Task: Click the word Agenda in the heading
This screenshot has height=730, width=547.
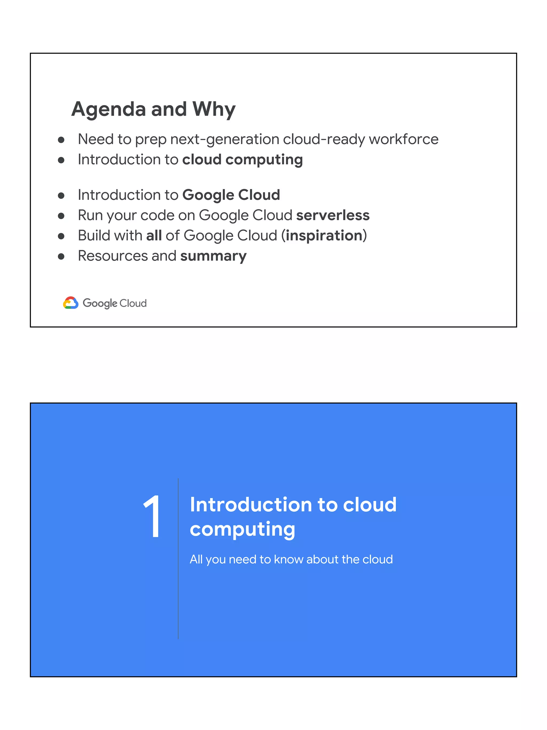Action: coord(108,109)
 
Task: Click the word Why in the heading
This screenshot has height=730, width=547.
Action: coord(214,109)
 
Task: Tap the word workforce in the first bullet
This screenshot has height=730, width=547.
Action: coord(404,139)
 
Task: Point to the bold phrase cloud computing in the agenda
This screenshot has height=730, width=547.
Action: coord(242,160)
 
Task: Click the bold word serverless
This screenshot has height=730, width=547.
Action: coord(333,215)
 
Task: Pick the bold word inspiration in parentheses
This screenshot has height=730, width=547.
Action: coord(324,236)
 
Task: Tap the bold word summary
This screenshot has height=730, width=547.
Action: coord(213,256)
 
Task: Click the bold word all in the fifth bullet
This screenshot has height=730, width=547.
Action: coord(154,236)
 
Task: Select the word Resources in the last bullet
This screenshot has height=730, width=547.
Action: coord(113,256)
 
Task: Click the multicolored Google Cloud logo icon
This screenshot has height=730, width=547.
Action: coord(71,303)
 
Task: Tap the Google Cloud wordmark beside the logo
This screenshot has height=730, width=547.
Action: coord(114,303)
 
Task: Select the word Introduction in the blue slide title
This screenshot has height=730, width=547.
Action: coord(251,505)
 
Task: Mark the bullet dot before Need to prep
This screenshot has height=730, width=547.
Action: coord(61,140)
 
